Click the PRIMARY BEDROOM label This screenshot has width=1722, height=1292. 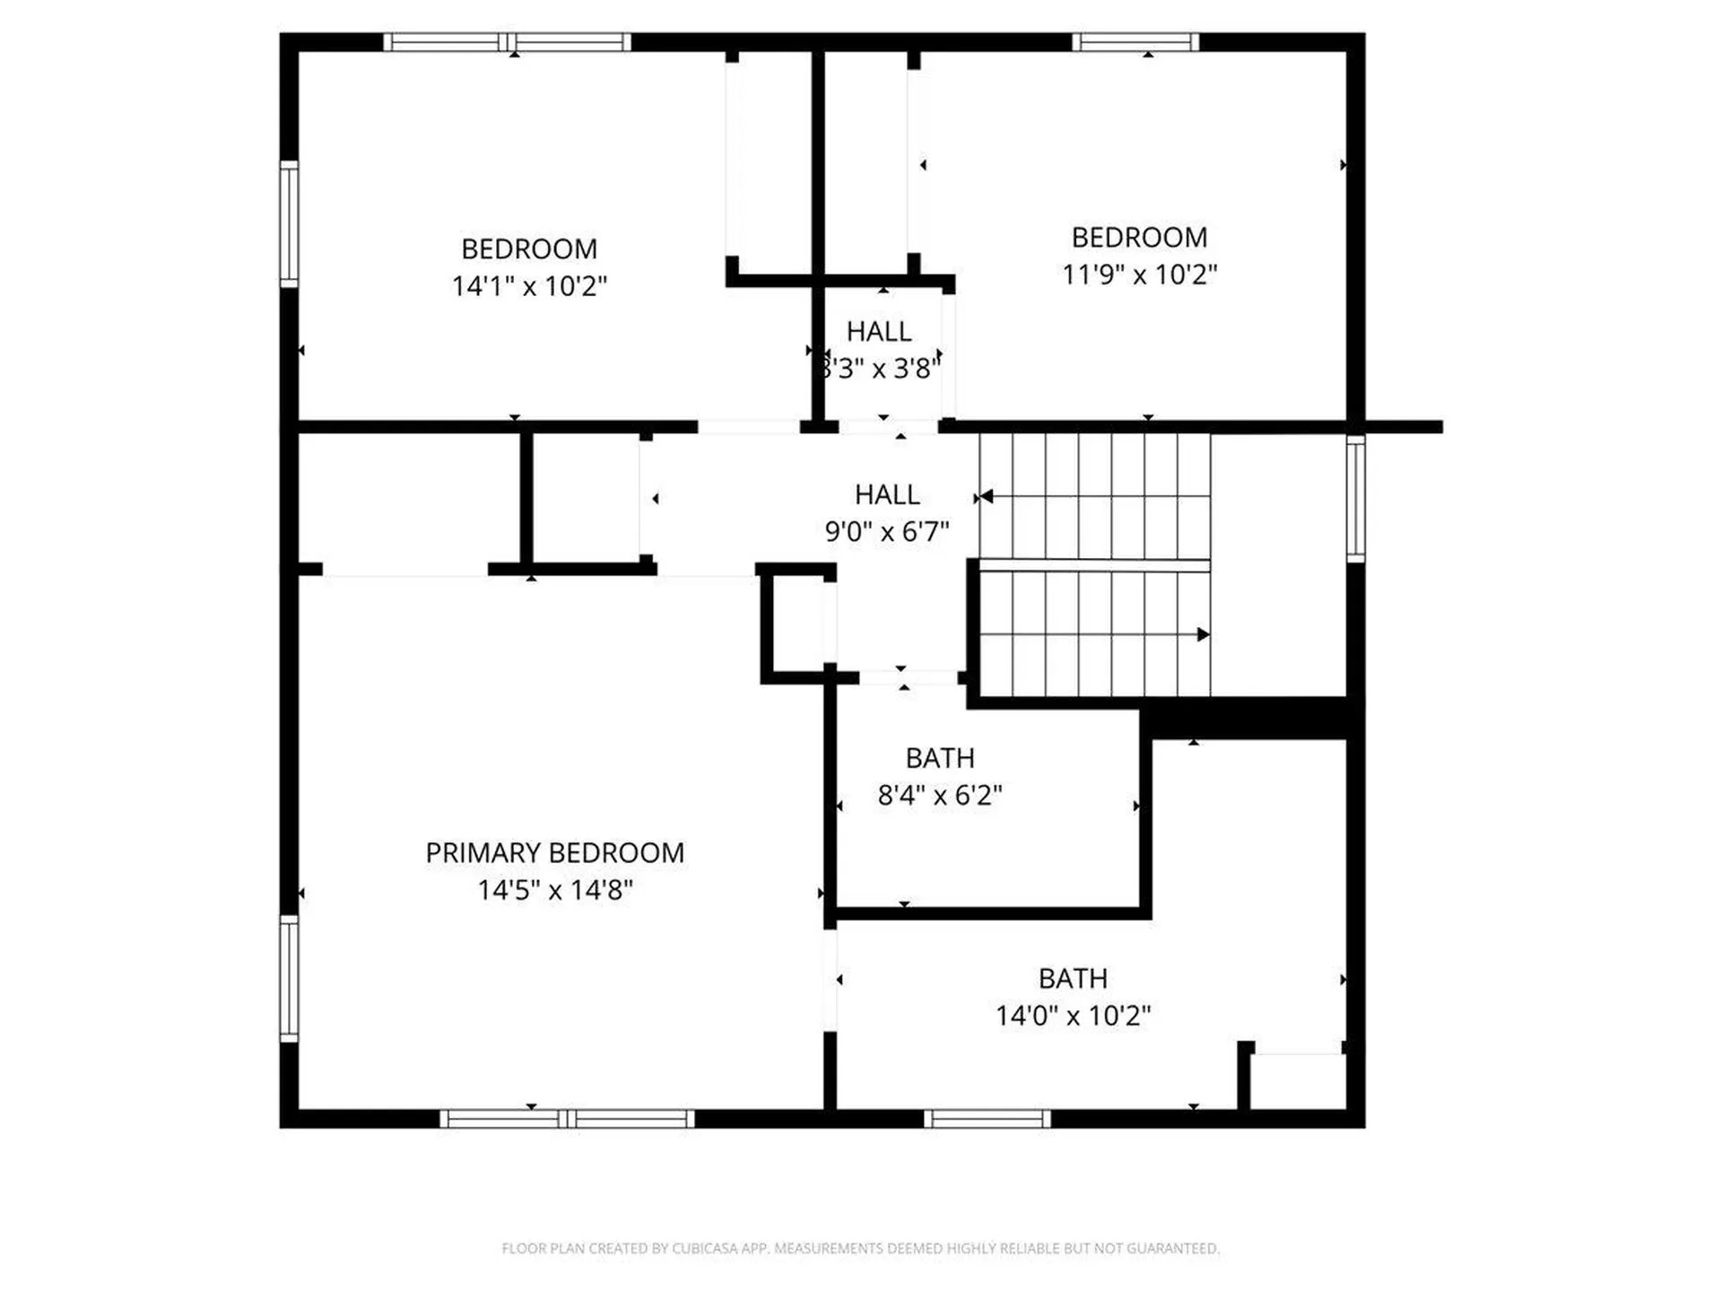tap(554, 852)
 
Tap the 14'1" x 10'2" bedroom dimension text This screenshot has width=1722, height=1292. tap(529, 286)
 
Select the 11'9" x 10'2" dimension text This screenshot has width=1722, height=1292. tap(1139, 275)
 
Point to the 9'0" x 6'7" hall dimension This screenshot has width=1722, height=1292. tap(886, 531)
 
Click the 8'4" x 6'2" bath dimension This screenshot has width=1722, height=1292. tap(939, 795)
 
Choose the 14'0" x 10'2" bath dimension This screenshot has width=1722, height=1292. tap(1073, 1016)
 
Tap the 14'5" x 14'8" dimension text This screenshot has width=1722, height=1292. tap(554, 890)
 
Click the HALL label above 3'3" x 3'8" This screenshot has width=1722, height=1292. tap(879, 332)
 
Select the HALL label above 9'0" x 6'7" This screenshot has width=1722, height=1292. tap(886, 494)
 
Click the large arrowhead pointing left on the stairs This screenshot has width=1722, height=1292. tap(987, 496)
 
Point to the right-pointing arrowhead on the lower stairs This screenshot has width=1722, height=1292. tap(1203, 634)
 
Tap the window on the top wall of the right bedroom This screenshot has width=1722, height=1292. tap(1135, 42)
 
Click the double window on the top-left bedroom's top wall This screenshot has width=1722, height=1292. tap(508, 42)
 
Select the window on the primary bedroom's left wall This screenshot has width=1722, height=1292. tap(289, 978)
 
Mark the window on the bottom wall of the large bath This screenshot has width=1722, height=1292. tap(987, 1119)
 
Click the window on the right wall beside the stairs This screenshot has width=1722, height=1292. tap(1356, 499)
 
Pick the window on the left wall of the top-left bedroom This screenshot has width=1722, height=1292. tap(289, 224)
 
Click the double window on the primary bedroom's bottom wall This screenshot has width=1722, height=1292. tap(567, 1119)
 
